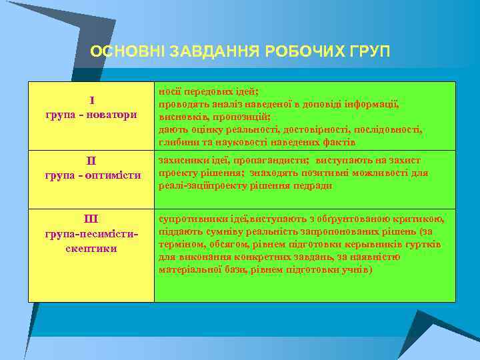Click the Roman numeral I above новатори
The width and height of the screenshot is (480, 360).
[91, 102]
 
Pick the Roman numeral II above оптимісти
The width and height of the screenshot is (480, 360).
[91, 161]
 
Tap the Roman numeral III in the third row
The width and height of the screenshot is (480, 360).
[91, 219]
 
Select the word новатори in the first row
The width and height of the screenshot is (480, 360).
[110, 115]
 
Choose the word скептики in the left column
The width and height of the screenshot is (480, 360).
[91, 249]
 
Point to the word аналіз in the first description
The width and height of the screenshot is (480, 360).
[222, 105]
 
